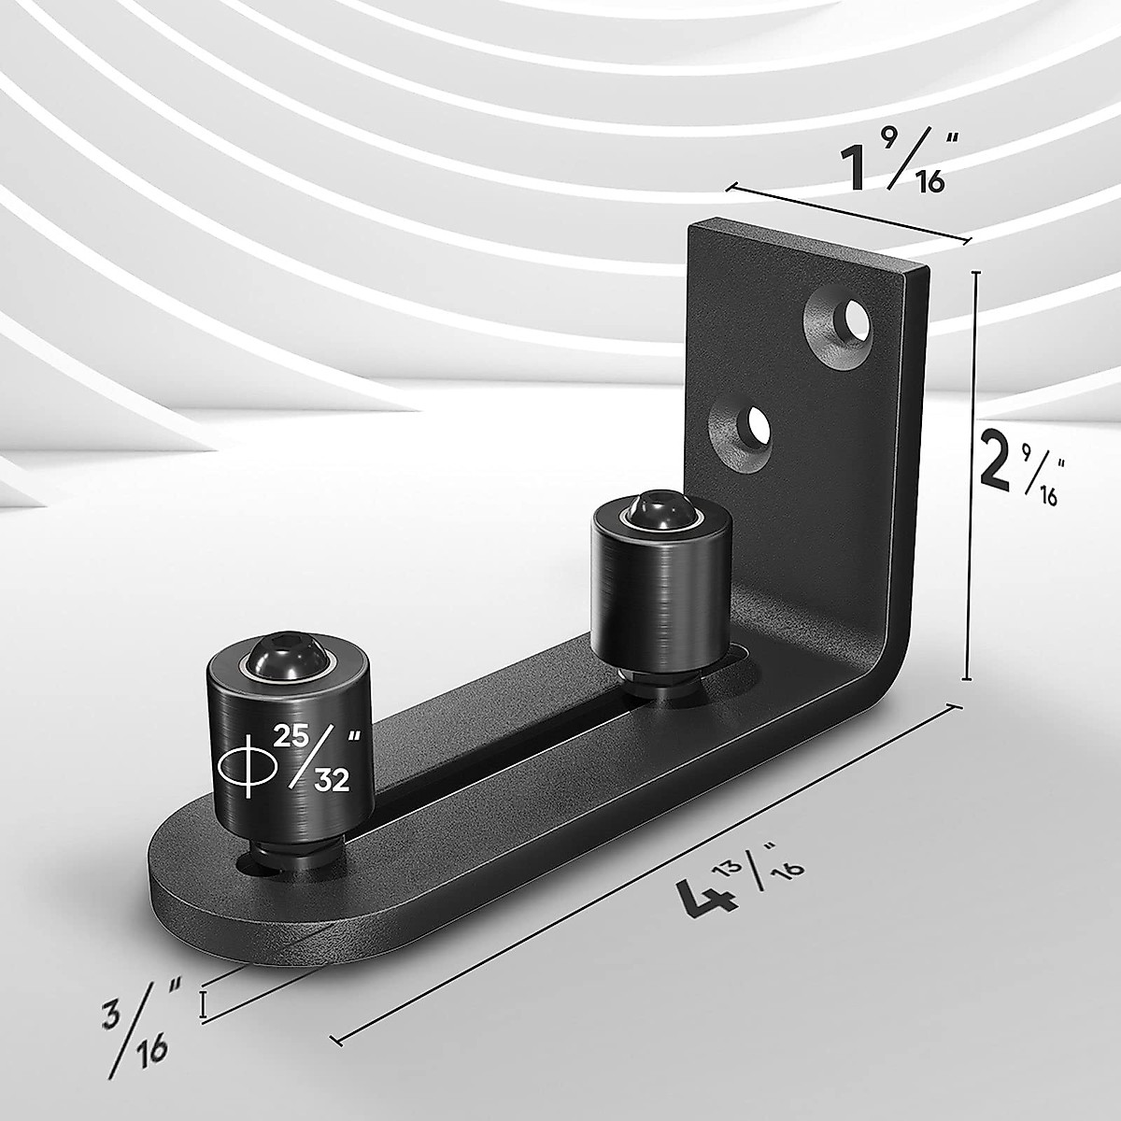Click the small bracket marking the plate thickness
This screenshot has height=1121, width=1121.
point(204,1004)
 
